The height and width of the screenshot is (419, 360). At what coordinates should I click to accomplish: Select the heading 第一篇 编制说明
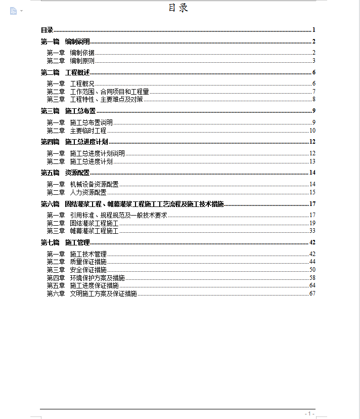pyautogui.click(x=65, y=41)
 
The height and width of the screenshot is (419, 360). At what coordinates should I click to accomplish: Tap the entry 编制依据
pyautogui.click(x=82, y=53)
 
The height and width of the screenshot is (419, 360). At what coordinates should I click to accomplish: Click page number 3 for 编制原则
pyautogui.click(x=313, y=61)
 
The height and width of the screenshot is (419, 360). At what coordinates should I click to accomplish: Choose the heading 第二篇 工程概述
pyautogui.click(x=65, y=72)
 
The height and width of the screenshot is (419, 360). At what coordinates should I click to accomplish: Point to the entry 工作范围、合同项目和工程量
pyautogui.click(x=109, y=92)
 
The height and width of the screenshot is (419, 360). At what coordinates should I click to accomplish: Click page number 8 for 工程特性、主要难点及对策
pyautogui.click(x=313, y=99)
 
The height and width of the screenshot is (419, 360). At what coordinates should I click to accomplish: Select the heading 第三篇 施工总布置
pyautogui.click(x=68, y=111)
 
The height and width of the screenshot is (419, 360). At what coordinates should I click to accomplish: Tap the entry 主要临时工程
pyautogui.click(x=88, y=131)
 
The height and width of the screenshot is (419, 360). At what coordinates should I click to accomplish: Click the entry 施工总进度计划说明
pyautogui.click(x=97, y=153)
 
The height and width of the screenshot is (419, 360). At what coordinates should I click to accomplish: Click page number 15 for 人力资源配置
pyautogui.click(x=312, y=192)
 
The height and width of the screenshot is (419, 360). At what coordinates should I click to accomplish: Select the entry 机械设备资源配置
pyautogui.click(x=94, y=184)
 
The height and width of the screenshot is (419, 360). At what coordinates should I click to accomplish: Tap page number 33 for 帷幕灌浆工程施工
pyautogui.click(x=312, y=231)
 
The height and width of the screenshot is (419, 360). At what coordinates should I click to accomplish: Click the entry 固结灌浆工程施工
pyautogui.click(x=94, y=223)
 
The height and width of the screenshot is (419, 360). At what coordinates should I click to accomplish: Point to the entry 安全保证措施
pyautogui.click(x=88, y=269)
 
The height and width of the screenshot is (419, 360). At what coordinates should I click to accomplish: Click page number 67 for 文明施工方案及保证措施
pyautogui.click(x=312, y=294)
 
